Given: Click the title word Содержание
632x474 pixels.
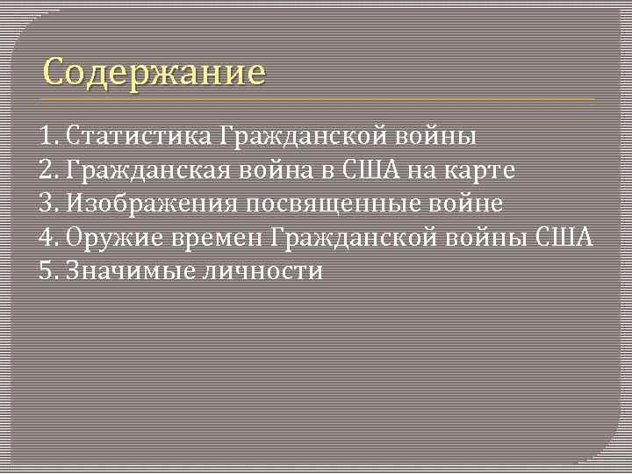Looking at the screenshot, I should (x=154, y=71).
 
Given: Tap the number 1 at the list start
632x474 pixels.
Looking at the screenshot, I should (x=46, y=137).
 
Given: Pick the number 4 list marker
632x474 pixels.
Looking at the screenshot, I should (x=47, y=238).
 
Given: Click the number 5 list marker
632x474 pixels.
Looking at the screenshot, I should (x=47, y=271).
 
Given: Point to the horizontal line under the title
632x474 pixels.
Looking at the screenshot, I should (x=316, y=99).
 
